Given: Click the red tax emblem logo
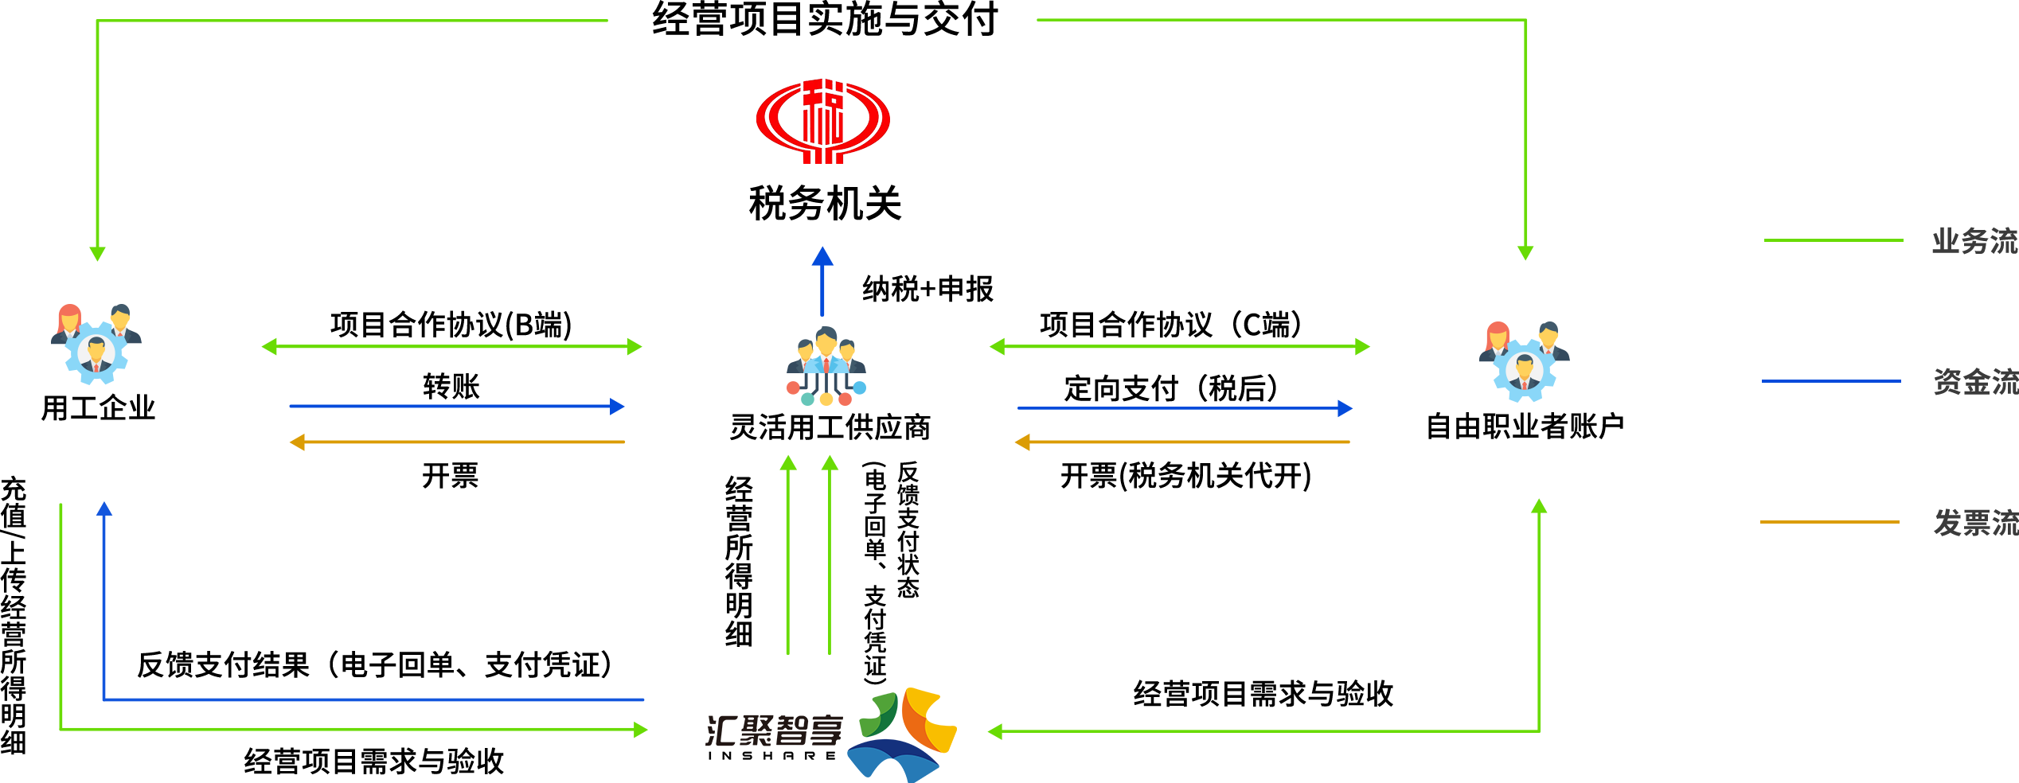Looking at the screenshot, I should pos(823,121).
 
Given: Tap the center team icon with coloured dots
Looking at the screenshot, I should pos(826,367).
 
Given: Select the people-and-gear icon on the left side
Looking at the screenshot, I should pos(96,344).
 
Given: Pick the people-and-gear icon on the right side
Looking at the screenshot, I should pos(1524,361).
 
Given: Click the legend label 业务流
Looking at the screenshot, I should pos(1974,241).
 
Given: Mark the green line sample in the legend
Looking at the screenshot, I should pos(1833,240).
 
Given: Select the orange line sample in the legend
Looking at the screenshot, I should pos(1830,522).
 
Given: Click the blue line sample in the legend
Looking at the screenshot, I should pos(1831,381).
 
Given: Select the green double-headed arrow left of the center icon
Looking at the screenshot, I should pos(451,346).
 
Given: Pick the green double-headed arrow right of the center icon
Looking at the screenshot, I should pos(1179,346).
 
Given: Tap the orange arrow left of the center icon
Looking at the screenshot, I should pos(456,442).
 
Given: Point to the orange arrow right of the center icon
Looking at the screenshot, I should pos(1181,442).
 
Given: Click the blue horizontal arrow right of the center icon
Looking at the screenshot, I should pos(1185,408).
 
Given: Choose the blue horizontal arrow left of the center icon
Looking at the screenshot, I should pos(456,406).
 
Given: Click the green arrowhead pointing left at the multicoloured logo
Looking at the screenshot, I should pos(995,731).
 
